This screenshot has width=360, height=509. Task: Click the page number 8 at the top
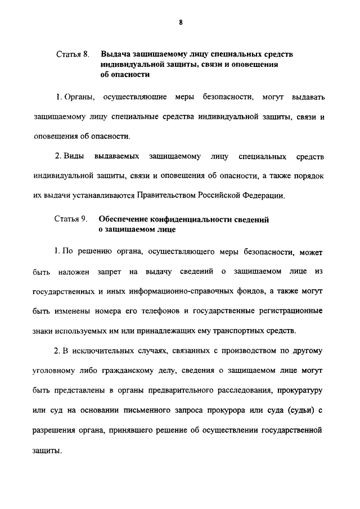click(180, 22)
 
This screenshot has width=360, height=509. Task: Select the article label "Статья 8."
click(73, 55)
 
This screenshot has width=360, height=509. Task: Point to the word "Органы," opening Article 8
click(80, 97)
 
